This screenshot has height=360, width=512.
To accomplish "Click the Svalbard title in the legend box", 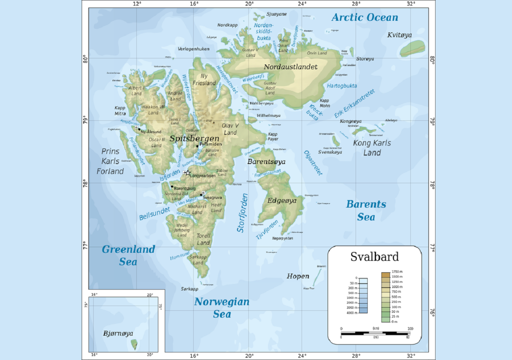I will [374, 257].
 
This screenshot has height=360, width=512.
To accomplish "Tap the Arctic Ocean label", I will [365, 17].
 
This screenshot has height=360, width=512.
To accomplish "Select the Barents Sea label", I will [366, 210].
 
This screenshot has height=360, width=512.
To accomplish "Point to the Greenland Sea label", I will [128, 254].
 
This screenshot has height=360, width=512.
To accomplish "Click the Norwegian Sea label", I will [221, 307].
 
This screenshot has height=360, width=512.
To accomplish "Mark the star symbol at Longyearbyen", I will [187, 173].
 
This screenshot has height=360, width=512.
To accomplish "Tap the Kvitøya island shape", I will [412, 48].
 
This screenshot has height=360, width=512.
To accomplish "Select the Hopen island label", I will [298, 276].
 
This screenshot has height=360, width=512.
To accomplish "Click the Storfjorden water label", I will [242, 213].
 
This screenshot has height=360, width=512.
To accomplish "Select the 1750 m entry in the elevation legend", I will [397, 272].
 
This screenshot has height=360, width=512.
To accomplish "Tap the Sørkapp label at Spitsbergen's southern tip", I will [189, 289].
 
